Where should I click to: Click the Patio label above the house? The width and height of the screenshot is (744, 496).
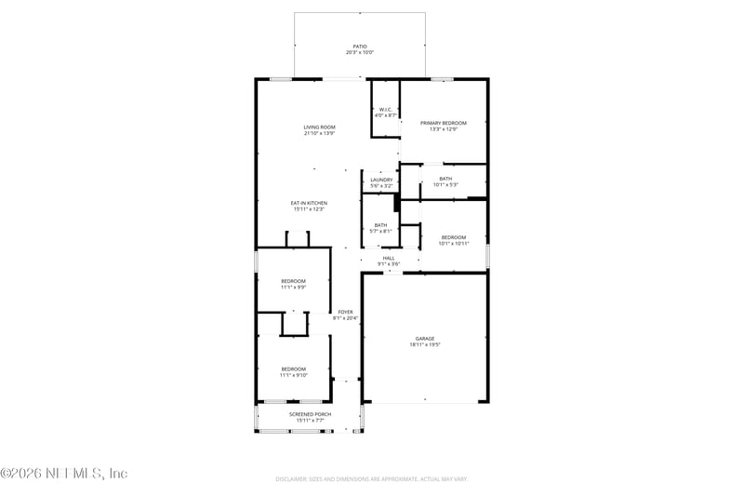coord(360,46)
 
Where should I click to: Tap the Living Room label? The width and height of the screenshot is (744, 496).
coord(319,127)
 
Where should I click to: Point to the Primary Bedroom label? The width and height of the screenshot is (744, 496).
coord(443,123)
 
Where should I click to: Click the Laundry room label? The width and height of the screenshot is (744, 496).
coord(381,180)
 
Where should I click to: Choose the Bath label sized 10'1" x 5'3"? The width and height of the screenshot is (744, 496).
coord(445,179)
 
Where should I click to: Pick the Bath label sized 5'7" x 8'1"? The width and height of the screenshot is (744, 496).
coord(380,224)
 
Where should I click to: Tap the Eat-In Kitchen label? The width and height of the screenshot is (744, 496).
coord(308,203)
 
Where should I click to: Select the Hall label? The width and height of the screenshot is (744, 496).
coord(389,258)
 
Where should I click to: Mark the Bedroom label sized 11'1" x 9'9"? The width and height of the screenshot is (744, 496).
coord(293,281)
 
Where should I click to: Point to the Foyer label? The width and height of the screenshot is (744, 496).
coord(345,312)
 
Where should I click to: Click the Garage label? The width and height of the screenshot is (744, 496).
coord(425,338)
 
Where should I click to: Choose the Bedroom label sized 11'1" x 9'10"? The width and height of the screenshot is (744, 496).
coord(293,369)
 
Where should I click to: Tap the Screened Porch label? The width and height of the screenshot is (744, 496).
coord(310,414)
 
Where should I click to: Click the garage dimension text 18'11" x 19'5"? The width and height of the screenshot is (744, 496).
coord(425,344)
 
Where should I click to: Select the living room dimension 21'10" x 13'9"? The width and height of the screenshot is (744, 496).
coord(319,133)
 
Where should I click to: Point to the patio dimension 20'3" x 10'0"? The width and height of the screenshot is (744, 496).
coord(360,52)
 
